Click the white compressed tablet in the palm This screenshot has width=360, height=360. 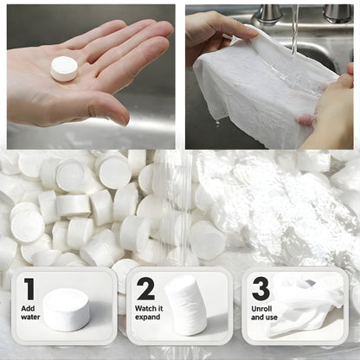click(x=64, y=68)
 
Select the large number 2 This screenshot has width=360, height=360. click(x=146, y=289)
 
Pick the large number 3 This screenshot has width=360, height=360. click(x=260, y=289)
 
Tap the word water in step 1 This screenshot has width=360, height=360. click(x=31, y=317)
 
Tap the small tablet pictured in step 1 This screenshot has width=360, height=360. click(x=66, y=309)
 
